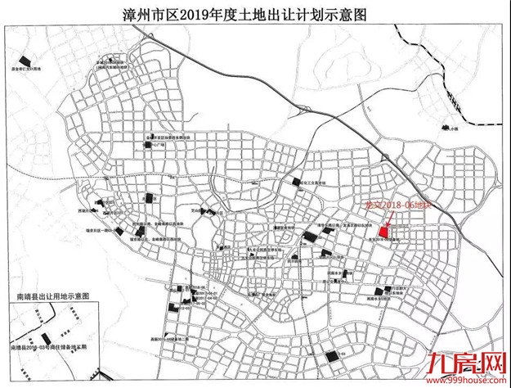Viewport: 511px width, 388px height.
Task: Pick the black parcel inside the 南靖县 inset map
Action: click(x=46, y=338)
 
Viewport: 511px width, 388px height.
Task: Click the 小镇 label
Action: click(x=454, y=128)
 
